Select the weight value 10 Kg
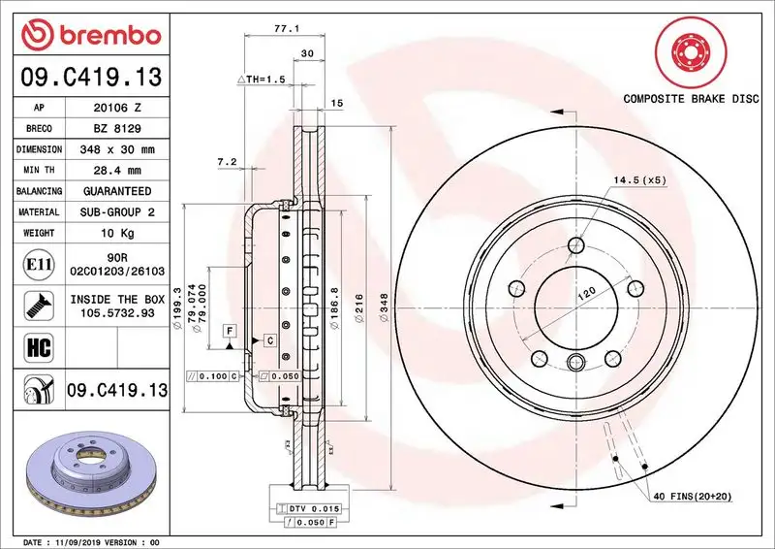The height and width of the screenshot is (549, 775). click(117, 233)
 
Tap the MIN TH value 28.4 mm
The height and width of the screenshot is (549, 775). click(117, 170)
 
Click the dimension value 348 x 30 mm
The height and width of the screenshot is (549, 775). click(117, 149)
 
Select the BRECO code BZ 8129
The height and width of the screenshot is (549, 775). click(117, 128)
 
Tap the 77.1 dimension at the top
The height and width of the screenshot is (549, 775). click(284, 30)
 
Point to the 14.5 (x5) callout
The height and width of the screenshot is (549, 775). click(639, 180)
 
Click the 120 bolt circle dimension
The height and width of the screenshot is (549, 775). click(584, 293)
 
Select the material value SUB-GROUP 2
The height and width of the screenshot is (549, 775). click(117, 211)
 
